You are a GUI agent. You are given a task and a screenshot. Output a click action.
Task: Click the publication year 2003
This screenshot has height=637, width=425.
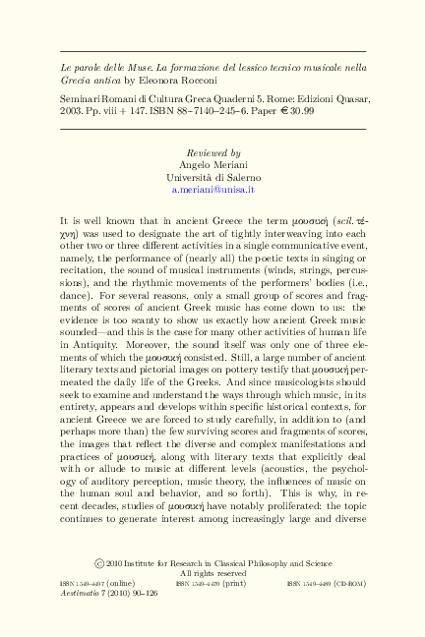(75, 113)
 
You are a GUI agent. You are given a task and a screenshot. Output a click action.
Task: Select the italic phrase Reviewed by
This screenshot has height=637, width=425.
(212, 154)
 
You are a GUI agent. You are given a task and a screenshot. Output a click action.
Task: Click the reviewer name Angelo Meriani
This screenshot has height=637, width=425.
(212, 165)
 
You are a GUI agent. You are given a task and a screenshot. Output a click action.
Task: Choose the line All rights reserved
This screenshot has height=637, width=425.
(212, 573)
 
